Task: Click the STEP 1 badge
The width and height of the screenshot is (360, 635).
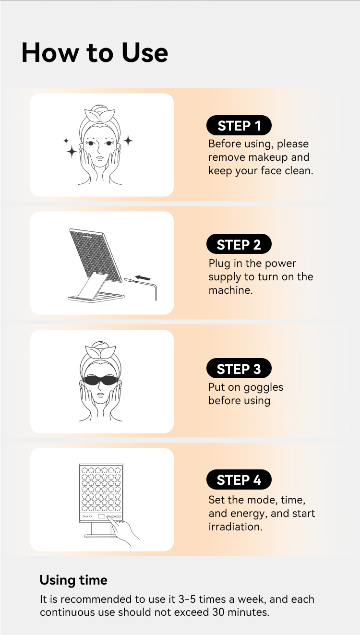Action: tap(239, 125)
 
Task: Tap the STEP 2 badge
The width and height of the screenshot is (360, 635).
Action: tap(239, 244)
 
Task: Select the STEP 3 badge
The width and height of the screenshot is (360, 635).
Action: tap(239, 368)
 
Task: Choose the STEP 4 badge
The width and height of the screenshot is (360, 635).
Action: tap(239, 479)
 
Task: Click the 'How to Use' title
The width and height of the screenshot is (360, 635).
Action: tap(95, 53)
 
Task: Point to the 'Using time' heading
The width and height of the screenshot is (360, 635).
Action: tap(73, 580)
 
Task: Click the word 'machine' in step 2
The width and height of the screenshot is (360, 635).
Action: tap(229, 290)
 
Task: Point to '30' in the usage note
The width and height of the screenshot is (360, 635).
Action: tap(218, 612)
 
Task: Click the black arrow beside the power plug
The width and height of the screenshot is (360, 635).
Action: tap(143, 277)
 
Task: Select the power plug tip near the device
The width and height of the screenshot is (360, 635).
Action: tap(127, 280)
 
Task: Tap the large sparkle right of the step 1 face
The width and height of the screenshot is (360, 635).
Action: tap(128, 141)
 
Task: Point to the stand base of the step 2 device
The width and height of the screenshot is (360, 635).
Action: tap(96, 298)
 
